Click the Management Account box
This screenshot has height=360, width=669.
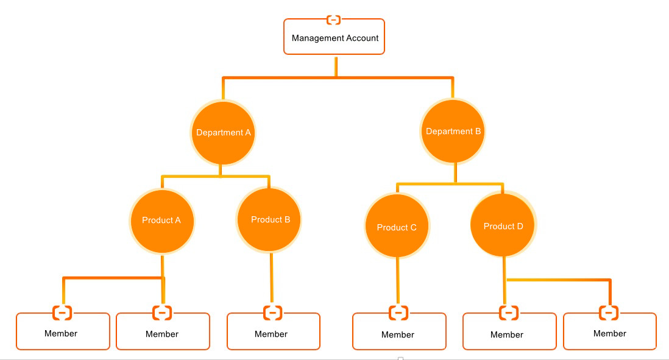(334, 37)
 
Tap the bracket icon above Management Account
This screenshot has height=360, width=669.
(334, 20)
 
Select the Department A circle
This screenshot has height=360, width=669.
(223, 133)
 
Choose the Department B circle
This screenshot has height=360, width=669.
(453, 132)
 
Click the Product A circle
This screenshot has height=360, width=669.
(161, 221)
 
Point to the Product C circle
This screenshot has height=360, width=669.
(397, 227)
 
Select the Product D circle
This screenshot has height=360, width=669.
(503, 226)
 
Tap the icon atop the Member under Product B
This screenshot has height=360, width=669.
(272, 313)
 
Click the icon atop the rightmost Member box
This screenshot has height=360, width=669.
(609, 313)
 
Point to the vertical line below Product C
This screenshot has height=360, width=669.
(397, 280)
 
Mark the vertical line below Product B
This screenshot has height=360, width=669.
(272, 278)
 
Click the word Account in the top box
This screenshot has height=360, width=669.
(362, 38)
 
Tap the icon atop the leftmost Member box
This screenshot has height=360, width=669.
(62, 313)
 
